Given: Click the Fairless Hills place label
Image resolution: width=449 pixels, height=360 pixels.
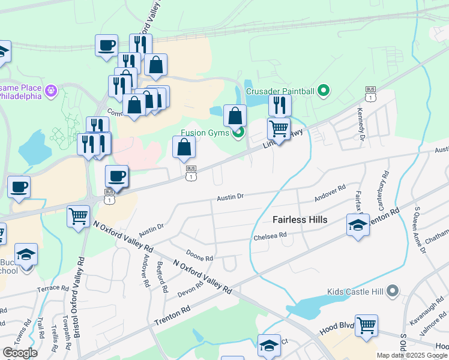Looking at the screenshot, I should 300,220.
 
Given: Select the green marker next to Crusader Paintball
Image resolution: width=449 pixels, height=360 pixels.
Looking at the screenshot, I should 324,91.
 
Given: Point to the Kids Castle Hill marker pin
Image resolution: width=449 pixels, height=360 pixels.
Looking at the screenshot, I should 393,292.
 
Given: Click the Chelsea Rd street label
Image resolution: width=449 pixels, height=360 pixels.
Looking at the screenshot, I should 265,236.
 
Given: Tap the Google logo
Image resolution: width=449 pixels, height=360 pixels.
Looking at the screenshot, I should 20,353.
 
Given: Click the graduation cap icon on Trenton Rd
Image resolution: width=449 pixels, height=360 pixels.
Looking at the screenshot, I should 358,226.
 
